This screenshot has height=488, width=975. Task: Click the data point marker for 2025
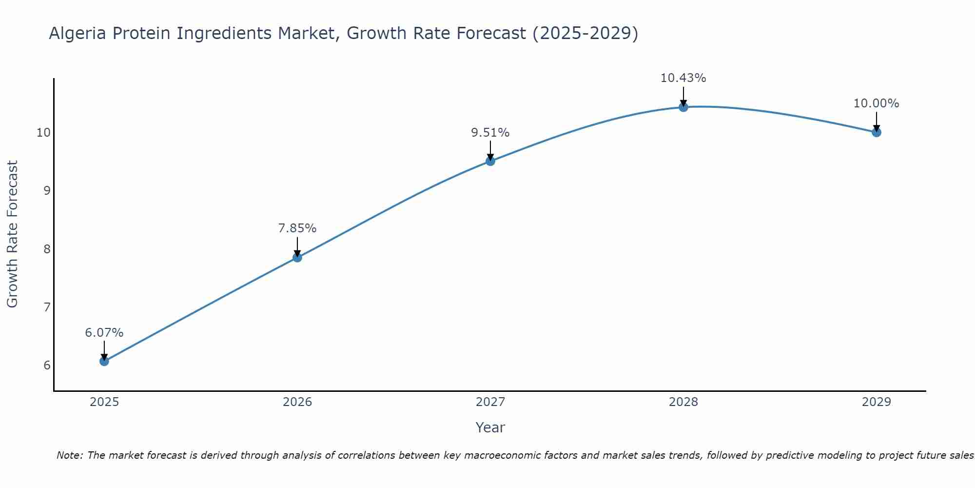(104, 361)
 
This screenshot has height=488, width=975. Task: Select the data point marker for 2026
(297, 257)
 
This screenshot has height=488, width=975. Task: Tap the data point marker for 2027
(490, 161)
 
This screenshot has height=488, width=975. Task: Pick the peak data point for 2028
(683, 107)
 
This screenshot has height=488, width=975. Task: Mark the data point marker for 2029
(877, 132)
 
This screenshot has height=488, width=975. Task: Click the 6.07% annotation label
(104, 333)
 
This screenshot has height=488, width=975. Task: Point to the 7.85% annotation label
(297, 228)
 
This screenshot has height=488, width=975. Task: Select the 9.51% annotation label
(490, 133)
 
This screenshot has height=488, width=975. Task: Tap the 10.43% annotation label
(683, 78)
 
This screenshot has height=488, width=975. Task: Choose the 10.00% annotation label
(877, 103)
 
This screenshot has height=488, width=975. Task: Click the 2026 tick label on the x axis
(297, 402)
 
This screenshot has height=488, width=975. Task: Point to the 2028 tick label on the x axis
(683, 402)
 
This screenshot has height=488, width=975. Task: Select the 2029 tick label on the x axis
(877, 402)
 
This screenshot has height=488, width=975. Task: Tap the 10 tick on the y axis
(43, 133)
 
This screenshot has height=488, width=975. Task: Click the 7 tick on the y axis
(47, 307)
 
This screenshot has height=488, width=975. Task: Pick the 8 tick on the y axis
(47, 249)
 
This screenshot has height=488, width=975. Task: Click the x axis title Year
(490, 427)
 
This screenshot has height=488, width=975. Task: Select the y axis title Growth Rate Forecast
(13, 234)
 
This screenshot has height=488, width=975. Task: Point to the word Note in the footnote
(70, 456)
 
